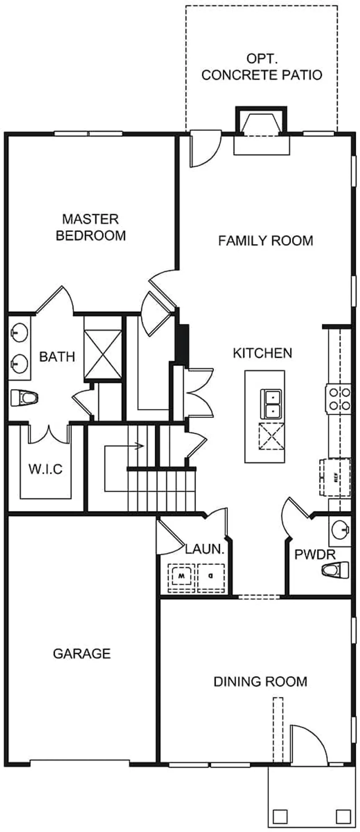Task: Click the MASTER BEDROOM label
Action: (x=91, y=227)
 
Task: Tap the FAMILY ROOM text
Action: (x=265, y=241)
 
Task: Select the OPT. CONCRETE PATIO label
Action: (x=262, y=67)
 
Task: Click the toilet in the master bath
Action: (x=23, y=398)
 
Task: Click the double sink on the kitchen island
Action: (x=271, y=404)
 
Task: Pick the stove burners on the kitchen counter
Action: (x=339, y=399)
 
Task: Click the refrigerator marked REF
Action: (x=335, y=477)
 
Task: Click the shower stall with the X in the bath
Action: (x=103, y=349)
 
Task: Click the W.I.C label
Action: (x=45, y=469)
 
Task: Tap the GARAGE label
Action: (x=82, y=654)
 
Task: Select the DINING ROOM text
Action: (x=260, y=681)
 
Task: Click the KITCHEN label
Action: (x=262, y=353)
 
